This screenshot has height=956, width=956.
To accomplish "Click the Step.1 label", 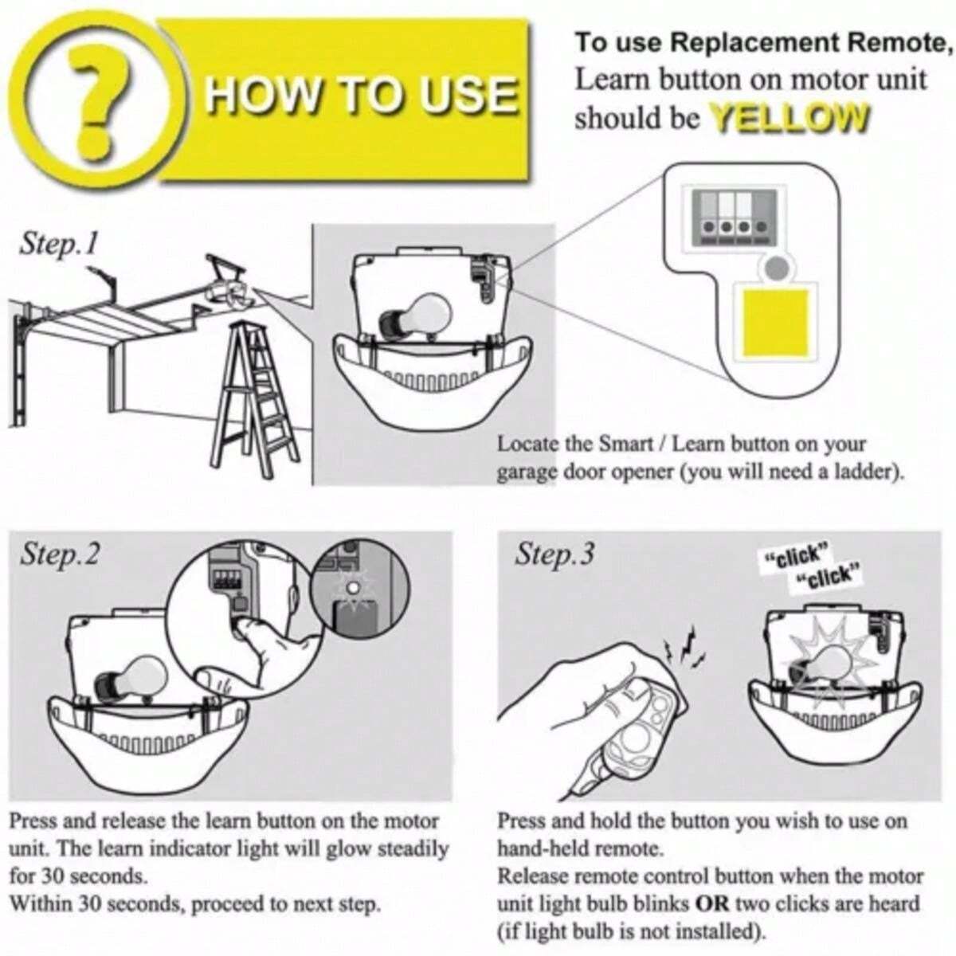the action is (58, 244).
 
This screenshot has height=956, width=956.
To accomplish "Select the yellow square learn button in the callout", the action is (775, 323).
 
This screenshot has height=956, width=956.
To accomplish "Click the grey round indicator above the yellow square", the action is (777, 268).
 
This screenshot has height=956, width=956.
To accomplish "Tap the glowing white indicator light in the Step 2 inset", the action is (353, 587).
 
